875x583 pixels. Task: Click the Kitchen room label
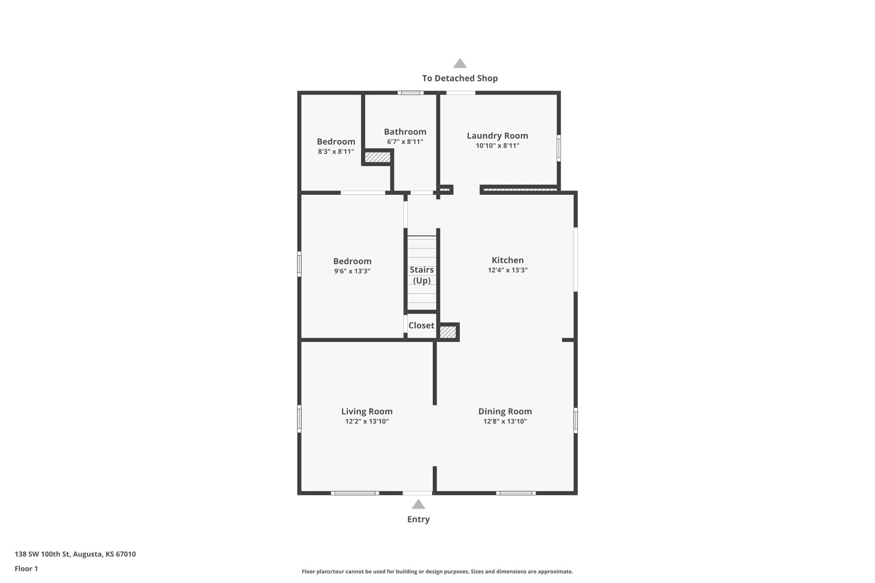[507, 260]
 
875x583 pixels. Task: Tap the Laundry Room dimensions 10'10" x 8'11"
[497, 146]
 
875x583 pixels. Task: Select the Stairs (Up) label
[422, 275]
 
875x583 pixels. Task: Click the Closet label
[421, 325]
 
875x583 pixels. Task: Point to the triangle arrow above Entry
[418, 504]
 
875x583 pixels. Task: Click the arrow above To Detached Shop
[460, 63]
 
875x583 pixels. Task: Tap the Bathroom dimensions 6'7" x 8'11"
[405, 142]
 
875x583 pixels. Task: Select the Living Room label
[367, 411]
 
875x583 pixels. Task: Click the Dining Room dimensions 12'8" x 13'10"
[505, 422]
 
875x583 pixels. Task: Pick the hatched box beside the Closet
[448, 332]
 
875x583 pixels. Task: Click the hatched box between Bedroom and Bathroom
[377, 157]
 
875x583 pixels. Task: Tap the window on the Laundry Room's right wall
[558, 148]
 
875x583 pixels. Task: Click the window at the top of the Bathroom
[410, 93]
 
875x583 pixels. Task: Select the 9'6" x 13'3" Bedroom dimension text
[352, 271]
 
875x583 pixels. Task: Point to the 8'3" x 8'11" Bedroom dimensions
[336, 152]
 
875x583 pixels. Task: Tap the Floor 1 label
[26, 569]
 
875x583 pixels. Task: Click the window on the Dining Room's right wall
[576, 420]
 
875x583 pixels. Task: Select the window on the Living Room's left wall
[299, 419]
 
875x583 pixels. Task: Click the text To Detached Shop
[460, 78]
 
